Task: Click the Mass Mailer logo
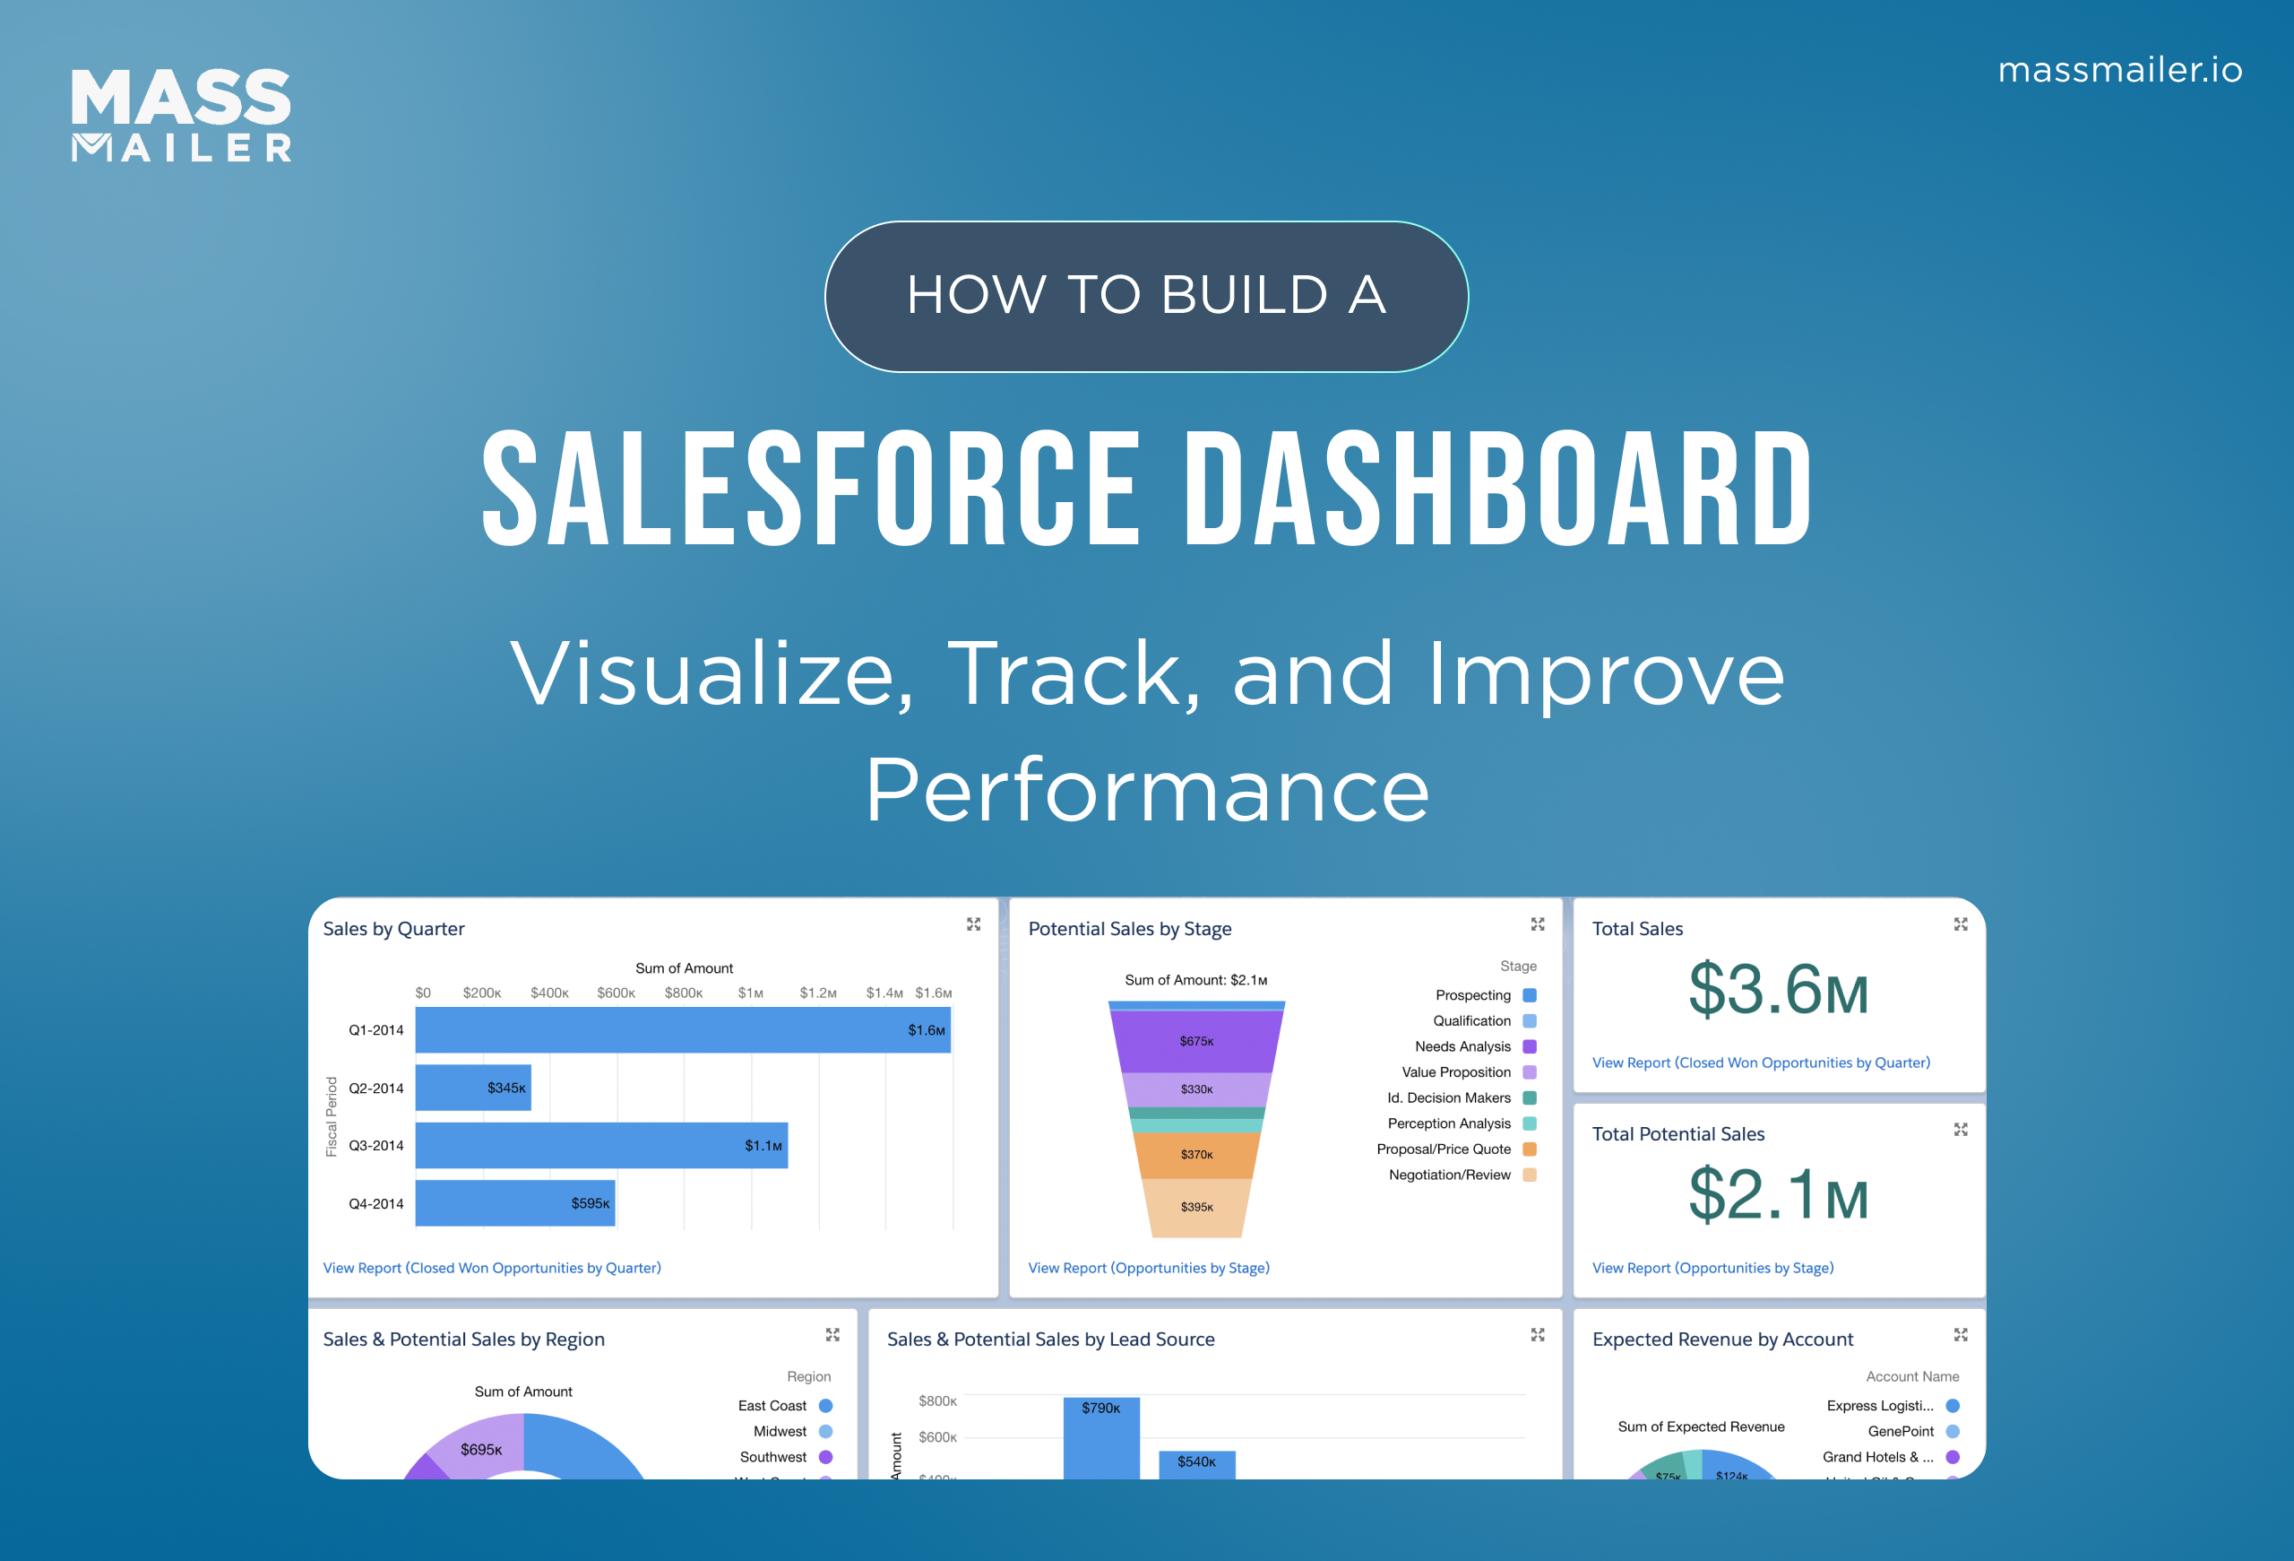click(181, 115)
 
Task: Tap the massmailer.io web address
click(2119, 70)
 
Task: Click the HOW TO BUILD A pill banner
click(1146, 296)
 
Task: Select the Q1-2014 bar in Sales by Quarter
click(682, 1030)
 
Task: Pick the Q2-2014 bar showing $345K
click(473, 1087)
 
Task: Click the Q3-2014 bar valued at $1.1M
click(601, 1145)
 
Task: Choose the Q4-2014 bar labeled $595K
click(514, 1202)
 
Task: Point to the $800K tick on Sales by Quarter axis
click(683, 993)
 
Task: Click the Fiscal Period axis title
click(332, 1115)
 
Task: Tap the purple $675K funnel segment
click(1196, 1041)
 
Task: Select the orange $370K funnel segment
click(1196, 1154)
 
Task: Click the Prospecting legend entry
click(1485, 995)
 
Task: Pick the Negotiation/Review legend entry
click(1461, 1175)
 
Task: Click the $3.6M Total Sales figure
click(1778, 991)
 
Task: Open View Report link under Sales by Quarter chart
click(492, 1268)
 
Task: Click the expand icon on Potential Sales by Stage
click(1537, 924)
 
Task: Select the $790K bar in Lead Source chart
click(1100, 1436)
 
